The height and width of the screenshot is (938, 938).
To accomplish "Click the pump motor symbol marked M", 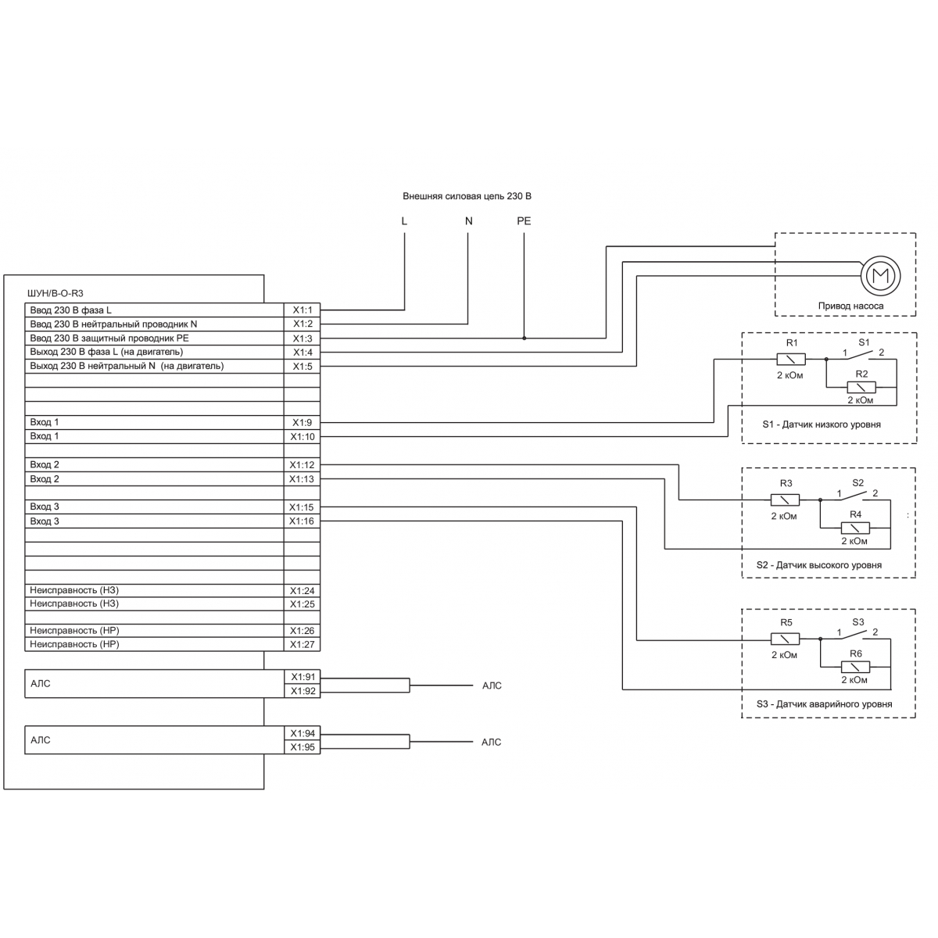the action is pos(880,275).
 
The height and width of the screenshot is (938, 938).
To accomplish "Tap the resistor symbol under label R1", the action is pos(790,360).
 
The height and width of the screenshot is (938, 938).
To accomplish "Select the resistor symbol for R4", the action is pos(855,528).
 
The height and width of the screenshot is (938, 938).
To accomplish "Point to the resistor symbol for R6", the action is pos(855,667).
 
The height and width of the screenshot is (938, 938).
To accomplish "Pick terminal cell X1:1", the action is pos(302,310).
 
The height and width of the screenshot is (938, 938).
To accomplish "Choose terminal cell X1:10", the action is pos(302,437).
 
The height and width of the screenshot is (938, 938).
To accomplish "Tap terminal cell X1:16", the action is pos(302,521).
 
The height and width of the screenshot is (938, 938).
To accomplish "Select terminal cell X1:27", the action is pos(302,644).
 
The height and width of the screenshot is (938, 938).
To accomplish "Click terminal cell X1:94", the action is pos(303,733).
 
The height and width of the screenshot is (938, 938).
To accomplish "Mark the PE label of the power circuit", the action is pos(524,221).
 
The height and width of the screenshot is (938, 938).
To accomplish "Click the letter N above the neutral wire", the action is pos(469,221).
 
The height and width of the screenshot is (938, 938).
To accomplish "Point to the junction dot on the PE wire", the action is pos(524,338).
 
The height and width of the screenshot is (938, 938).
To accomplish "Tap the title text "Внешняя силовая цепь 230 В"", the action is pos(467,196).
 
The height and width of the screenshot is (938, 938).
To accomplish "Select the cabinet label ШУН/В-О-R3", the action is pos(55,293).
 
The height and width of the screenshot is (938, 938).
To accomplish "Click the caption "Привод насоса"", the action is pos(850,306).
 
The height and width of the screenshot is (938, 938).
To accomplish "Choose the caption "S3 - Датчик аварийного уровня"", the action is pos(824,703).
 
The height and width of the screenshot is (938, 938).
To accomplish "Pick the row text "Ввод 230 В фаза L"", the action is pos(70,310).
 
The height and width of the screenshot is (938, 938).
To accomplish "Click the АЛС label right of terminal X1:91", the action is pos(492,686).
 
